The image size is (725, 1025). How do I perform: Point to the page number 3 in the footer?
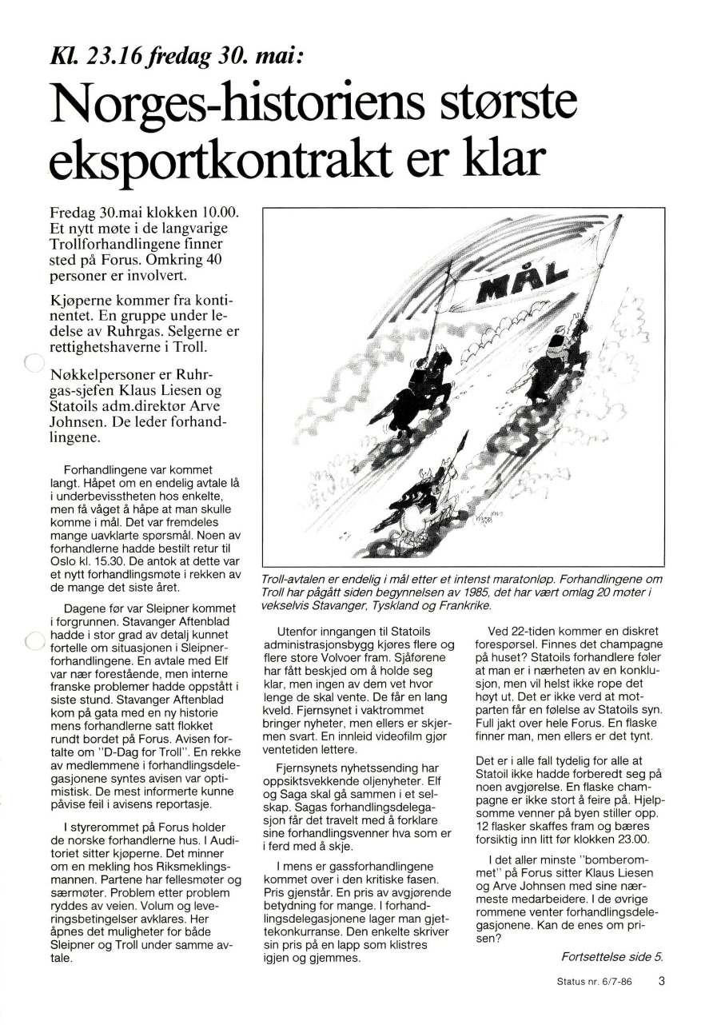[x=662, y=982]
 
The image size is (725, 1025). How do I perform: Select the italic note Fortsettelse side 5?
[x=611, y=956]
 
